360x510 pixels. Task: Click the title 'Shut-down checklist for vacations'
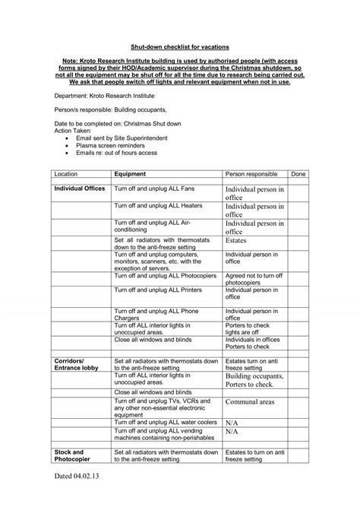click(x=180, y=46)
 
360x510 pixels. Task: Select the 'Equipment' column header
click(x=130, y=174)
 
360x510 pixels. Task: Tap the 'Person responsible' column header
click(x=251, y=174)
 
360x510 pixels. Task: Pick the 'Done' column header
click(x=298, y=174)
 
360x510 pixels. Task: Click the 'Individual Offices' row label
click(x=79, y=187)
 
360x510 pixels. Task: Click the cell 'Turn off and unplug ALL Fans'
click(x=152, y=187)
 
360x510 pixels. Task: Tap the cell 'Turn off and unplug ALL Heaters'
click(x=158, y=205)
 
